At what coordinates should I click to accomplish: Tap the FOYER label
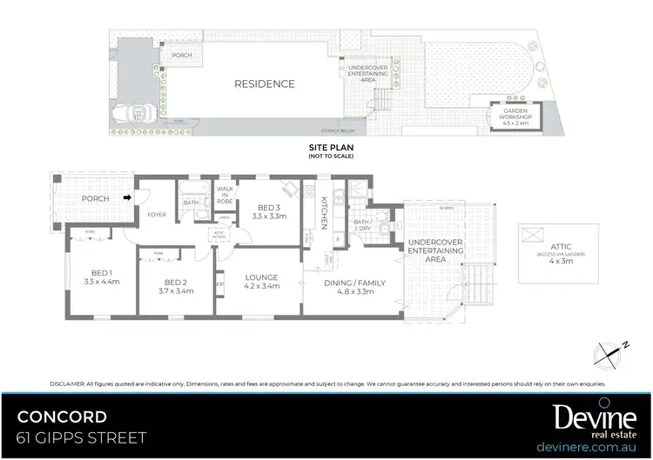157,214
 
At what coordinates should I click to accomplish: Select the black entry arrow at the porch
129,197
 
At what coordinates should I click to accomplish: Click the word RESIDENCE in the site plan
264,84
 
